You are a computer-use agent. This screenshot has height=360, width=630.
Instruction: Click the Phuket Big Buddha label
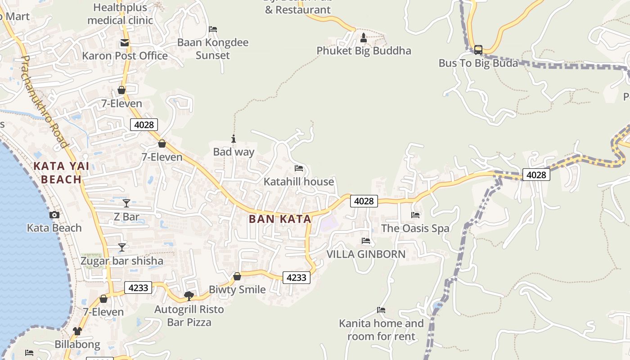pos(364,50)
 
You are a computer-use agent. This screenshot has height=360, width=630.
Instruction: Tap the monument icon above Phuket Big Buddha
pos(364,38)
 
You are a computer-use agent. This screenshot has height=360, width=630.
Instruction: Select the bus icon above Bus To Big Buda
pos(478,49)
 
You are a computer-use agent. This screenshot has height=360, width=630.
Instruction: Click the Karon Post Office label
pos(125,56)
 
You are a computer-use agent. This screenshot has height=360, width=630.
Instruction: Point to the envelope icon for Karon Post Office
pos(124,43)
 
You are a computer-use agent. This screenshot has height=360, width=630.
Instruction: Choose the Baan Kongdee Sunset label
pos(212,49)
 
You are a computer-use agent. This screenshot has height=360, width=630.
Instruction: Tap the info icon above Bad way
pos(233,139)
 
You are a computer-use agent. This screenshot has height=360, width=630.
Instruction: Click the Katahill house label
pos(299,182)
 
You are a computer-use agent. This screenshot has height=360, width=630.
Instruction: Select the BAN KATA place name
pos(280,219)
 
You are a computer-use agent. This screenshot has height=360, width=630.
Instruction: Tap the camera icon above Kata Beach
pos(54,215)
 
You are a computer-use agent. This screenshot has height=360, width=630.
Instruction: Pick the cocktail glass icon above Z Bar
pos(126,203)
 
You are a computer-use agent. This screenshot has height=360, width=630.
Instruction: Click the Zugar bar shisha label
pos(121,261)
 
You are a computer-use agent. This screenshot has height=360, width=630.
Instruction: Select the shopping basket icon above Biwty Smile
pos(237,276)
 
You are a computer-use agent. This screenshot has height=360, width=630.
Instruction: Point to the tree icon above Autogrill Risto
pos(189,296)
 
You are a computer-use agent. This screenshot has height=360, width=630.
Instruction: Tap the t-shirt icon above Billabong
pos(77,332)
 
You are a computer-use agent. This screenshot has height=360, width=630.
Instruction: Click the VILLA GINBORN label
pos(365,254)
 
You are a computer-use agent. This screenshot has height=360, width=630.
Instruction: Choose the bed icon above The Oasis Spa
pos(415,215)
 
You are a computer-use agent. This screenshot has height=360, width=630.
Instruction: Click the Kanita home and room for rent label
pos(381,329)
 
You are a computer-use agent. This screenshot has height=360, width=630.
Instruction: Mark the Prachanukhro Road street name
pos(44,102)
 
